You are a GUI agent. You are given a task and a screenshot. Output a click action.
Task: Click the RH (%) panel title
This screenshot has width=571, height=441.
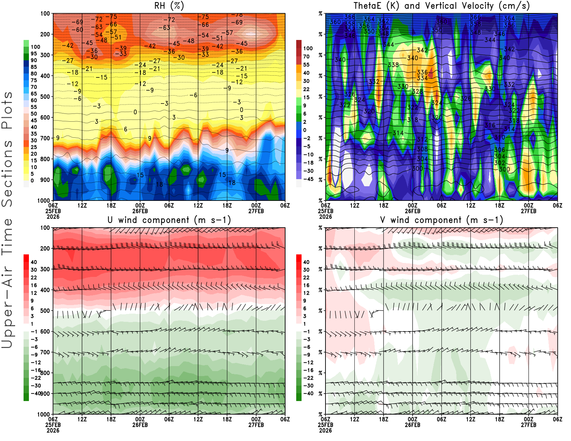169,6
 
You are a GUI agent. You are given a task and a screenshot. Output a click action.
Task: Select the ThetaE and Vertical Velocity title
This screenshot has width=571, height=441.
441,6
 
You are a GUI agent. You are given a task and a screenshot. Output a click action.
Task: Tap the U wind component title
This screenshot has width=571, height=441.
169,220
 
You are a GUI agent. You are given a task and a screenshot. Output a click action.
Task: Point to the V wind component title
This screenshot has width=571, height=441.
441,220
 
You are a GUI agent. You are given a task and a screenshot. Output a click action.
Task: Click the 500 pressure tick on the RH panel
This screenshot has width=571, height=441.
45,97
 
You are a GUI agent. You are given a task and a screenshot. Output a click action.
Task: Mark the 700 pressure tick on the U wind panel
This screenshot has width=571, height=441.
45,353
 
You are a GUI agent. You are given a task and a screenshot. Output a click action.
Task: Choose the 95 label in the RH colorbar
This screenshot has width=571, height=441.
34,54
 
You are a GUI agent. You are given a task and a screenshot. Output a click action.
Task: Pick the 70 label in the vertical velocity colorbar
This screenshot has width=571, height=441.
306,56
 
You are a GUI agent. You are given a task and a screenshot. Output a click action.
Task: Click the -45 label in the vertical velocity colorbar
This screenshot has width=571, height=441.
308,179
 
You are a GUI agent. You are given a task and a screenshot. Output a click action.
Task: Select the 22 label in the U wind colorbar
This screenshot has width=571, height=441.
34,278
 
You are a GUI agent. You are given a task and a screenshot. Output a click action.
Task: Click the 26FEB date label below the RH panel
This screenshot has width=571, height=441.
140,211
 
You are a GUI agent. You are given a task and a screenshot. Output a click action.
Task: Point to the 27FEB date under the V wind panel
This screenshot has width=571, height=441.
529,425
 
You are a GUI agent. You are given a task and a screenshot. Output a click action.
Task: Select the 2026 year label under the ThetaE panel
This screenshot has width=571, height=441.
325,217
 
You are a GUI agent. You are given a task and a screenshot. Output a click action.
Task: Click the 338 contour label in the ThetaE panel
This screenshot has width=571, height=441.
393,65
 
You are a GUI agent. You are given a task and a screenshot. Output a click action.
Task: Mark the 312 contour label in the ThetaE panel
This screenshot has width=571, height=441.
422,140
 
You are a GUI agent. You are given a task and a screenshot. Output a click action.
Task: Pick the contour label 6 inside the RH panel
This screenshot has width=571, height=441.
126,129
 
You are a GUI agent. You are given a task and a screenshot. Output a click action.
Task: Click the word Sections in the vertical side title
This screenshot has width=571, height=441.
7,173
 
